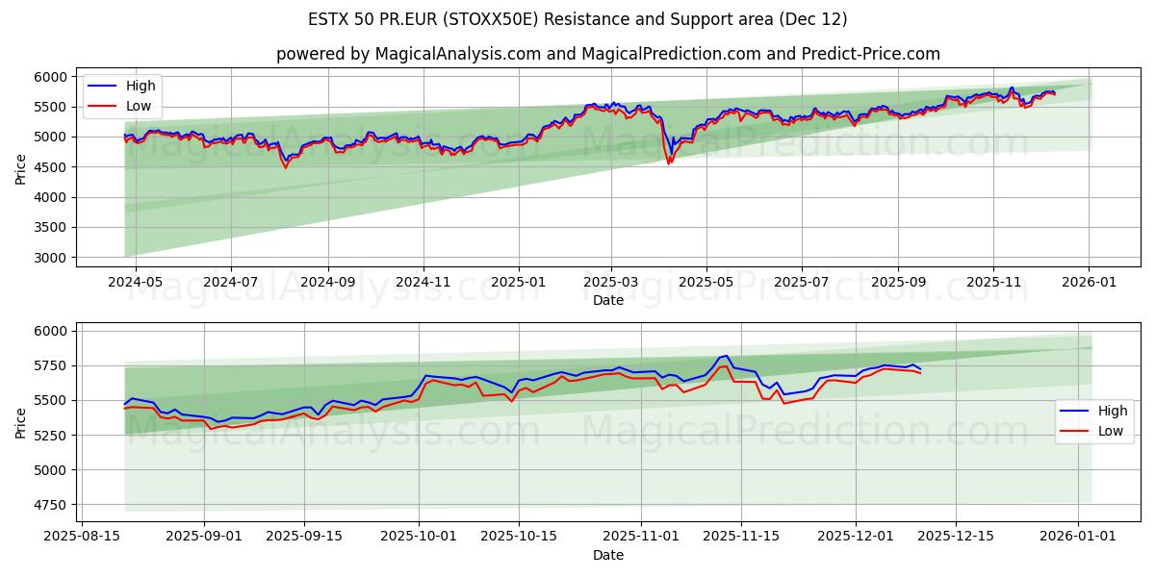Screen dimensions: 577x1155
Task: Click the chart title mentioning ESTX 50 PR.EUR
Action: (577, 19)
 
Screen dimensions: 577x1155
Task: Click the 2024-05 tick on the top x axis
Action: (136, 283)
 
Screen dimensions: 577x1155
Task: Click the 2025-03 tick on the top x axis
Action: (611, 283)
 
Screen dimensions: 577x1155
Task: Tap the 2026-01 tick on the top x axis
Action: (1089, 283)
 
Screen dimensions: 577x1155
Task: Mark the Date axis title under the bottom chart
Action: (608, 555)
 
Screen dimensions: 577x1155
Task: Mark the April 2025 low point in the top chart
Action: (669, 163)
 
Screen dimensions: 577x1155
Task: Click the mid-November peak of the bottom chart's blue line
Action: (728, 356)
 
